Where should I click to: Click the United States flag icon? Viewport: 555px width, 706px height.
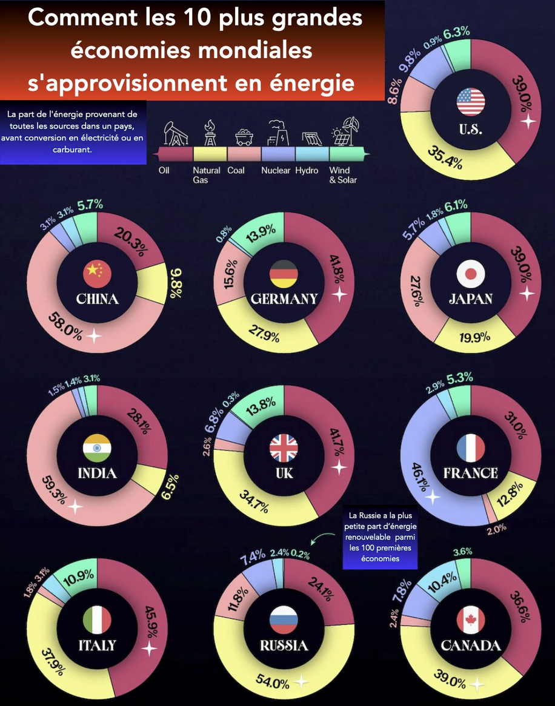pos(471,102)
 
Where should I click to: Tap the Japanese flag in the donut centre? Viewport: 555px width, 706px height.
pos(471,274)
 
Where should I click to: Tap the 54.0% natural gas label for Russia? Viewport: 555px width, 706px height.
pos(273,684)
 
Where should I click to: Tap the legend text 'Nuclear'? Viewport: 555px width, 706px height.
pos(276,171)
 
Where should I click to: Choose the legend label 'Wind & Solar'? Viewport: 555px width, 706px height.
pos(343,175)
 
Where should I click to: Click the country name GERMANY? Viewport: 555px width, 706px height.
pos(284,299)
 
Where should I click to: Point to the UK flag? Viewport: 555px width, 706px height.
pos(284,448)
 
